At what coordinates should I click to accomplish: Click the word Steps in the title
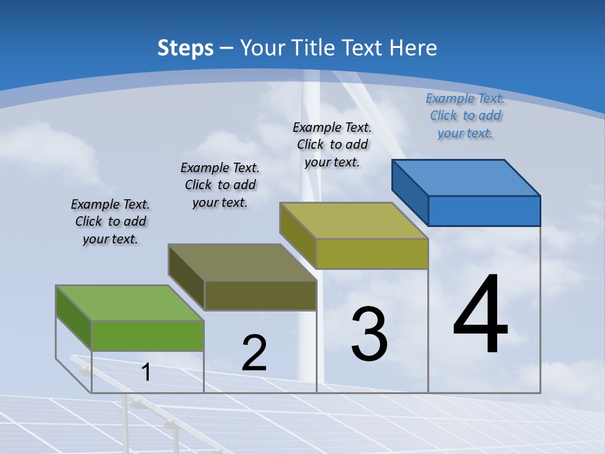[185, 48]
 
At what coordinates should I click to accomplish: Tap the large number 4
[480, 315]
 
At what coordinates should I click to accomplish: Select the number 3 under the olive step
[369, 334]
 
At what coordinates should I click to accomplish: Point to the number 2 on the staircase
[254, 353]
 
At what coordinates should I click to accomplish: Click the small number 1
[146, 373]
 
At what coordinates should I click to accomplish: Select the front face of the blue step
[484, 211]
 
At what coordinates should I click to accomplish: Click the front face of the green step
[147, 335]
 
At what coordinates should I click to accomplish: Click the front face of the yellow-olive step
[372, 253]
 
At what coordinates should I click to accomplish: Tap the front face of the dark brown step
[260, 295]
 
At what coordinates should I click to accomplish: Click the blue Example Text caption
[465, 115]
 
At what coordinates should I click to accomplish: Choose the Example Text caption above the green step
[110, 221]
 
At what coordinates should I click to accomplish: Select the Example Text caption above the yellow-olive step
[332, 144]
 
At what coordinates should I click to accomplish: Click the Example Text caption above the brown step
[220, 185]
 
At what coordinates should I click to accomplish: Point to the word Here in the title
[414, 48]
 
